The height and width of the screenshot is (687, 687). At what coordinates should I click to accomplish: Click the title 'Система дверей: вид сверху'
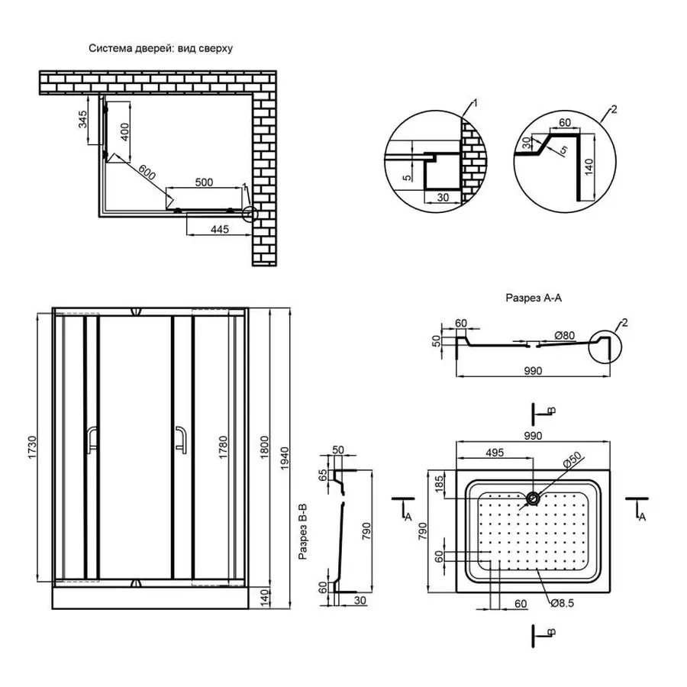pos(160,48)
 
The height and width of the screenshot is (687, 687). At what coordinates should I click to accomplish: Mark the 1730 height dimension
pos(32,446)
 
